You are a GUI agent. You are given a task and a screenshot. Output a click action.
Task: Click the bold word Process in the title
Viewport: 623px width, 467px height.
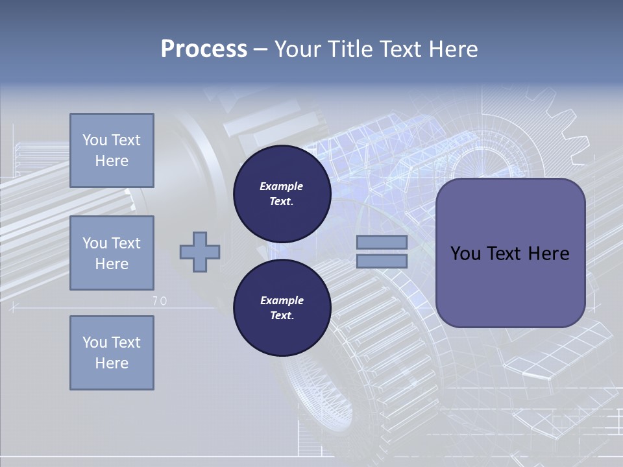click(x=204, y=49)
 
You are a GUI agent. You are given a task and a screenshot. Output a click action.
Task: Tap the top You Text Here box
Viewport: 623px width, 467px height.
click(x=112, y=150)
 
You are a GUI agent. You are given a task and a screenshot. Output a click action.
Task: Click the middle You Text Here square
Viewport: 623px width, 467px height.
click(x=112, y=253)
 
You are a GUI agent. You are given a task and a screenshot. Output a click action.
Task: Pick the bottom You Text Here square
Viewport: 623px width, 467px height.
click(x=112, y=353)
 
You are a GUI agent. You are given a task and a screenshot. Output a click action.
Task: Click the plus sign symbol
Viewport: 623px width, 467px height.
click(x=199, y=252)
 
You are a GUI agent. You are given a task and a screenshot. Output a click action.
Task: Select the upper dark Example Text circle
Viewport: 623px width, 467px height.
click(x=282, y=193)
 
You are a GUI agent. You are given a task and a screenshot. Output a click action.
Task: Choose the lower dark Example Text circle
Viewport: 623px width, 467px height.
click(x=282, y=307)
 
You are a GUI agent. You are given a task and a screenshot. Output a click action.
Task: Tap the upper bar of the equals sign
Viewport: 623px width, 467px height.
click(x=382, y=242)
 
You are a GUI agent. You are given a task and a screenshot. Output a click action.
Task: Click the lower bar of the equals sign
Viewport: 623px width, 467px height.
click(x=382, y=261)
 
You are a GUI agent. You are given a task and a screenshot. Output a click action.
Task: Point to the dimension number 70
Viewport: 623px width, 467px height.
click(x=160, y=301)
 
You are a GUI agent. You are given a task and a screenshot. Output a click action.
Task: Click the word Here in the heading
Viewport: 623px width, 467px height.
click(x=454, y=49)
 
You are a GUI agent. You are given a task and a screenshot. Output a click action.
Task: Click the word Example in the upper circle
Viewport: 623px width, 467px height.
click(x=282, y=186)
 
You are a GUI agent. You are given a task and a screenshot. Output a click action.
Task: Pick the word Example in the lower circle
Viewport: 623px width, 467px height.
click(x=282, y=300)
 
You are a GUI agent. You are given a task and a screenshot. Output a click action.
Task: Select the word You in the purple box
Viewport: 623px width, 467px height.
click(x=466, y=254)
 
